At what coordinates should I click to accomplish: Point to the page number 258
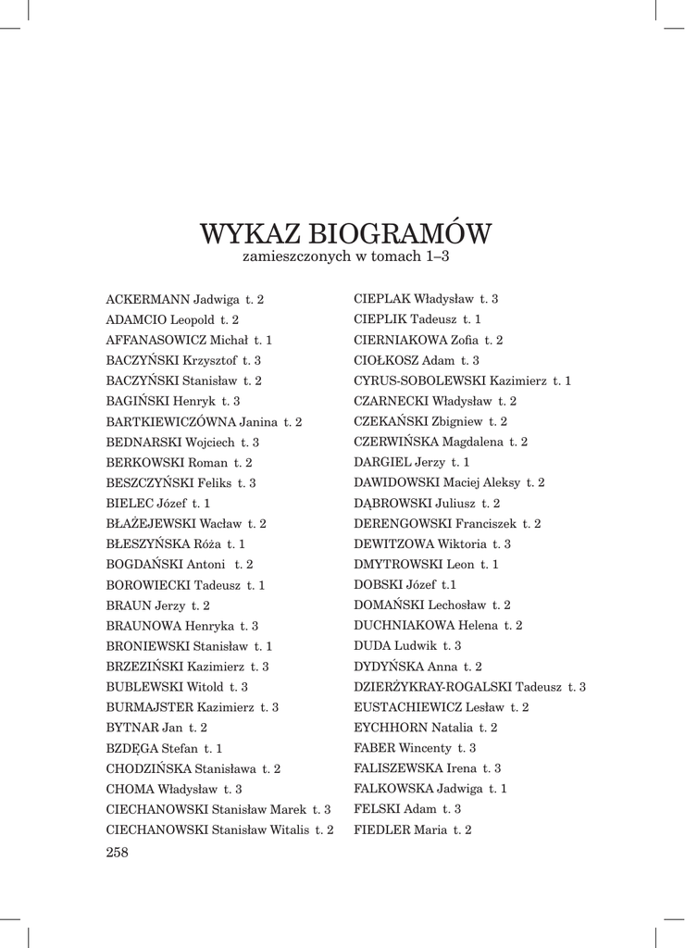tap(118, 853)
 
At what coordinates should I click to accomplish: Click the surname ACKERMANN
tap(149, 300)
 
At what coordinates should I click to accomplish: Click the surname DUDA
tap(372, 646)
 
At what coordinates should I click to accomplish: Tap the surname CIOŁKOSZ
tap(380, 360)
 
